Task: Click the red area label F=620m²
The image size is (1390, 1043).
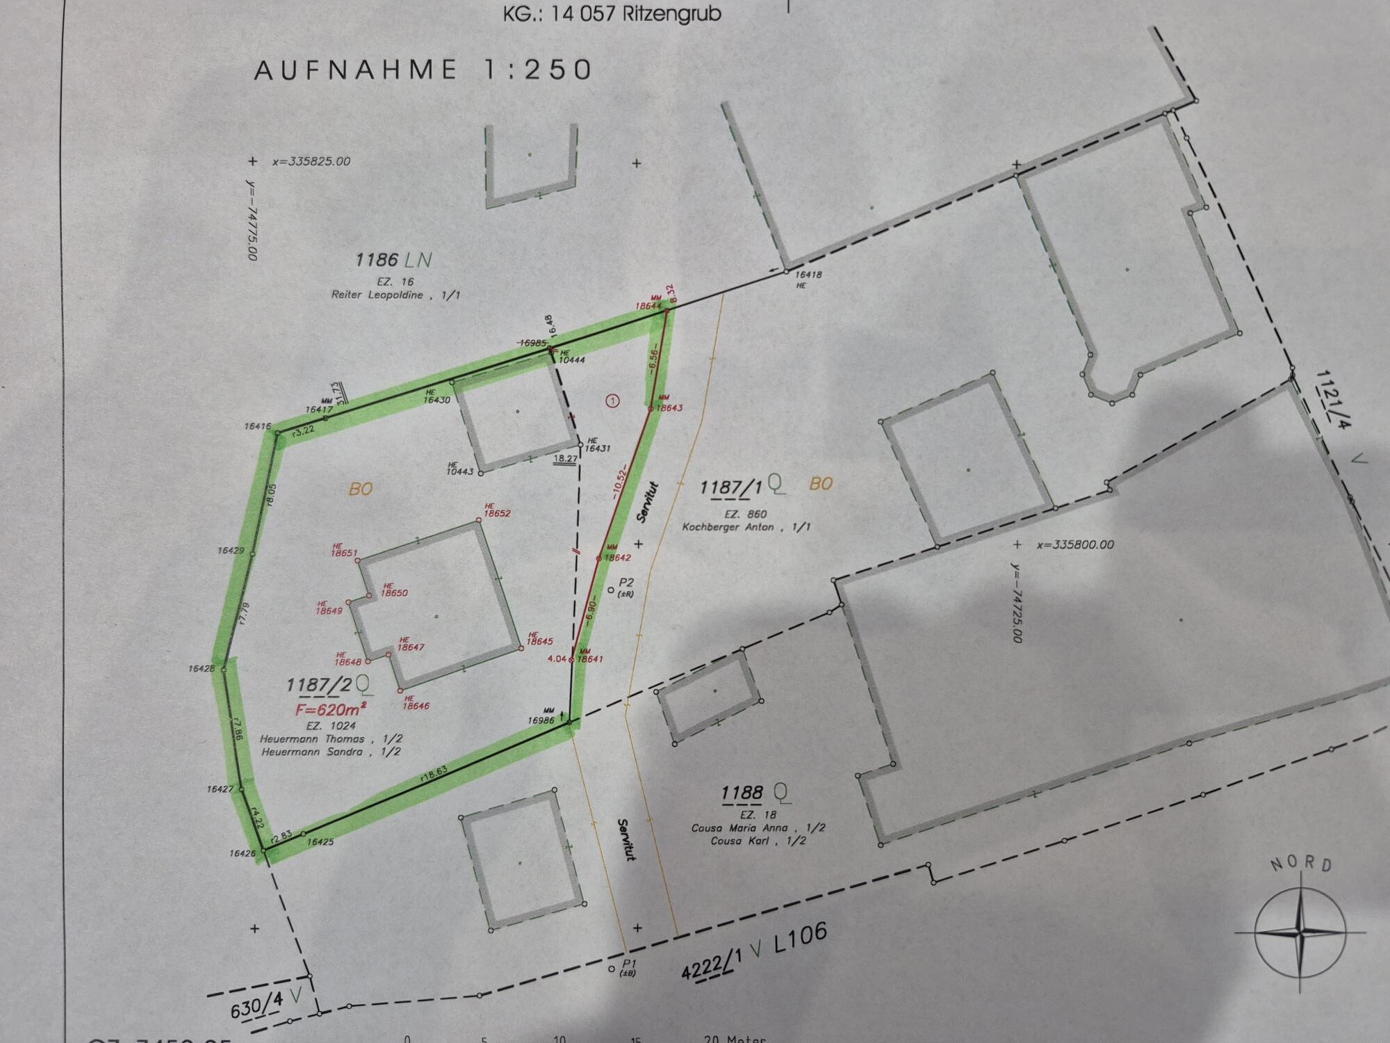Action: (331, 710)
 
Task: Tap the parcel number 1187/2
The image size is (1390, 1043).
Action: (319, 686)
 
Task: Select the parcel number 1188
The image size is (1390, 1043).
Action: (742, 793)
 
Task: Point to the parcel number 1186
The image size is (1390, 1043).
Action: (376, 260)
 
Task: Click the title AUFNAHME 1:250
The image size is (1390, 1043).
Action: (423, 70)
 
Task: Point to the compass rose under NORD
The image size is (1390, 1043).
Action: (1300, 931)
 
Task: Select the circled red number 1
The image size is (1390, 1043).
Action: (612, 401)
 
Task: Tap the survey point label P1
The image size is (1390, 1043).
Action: (629, 962)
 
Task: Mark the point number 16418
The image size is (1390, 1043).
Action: (808, 275)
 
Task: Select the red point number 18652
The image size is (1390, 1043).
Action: (497, 514)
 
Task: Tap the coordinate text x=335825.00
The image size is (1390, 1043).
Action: (311, 161)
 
